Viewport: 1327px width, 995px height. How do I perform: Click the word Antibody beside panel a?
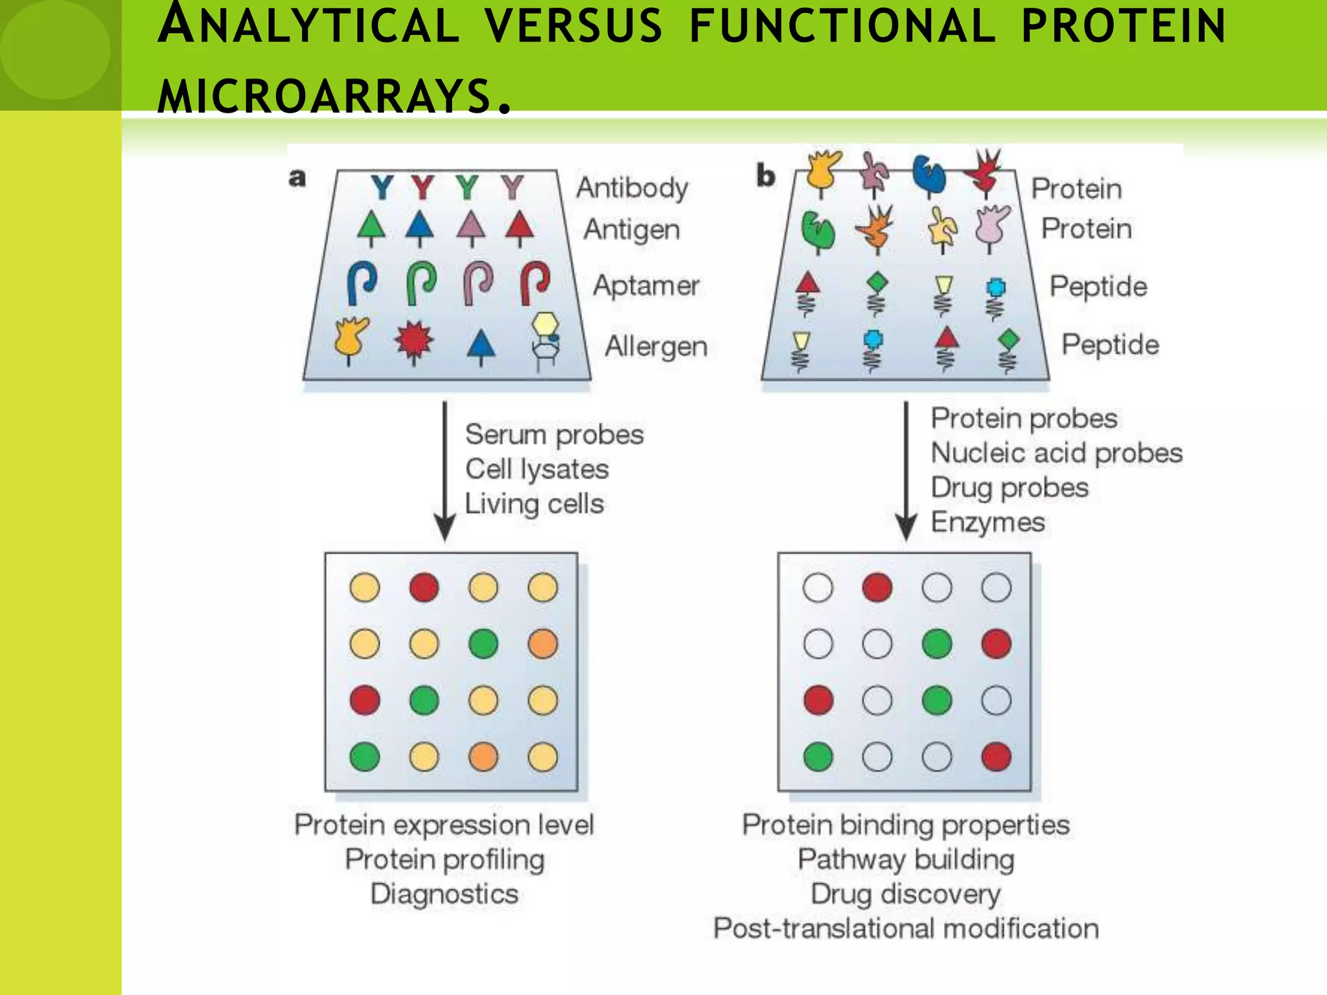coord(632,188)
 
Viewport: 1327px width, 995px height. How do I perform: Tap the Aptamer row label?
coord(646,286)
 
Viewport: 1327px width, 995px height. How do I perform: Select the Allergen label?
coord(656,347)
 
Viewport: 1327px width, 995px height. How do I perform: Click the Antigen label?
coord(632,229)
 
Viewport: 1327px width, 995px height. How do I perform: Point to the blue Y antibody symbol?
coord(382,188)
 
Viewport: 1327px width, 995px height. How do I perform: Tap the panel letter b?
coord(765,176)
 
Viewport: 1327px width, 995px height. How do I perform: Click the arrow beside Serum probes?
coord(444,470)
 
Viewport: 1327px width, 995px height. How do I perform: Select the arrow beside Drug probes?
coord(906,470)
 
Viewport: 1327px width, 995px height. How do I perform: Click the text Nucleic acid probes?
coord(1056,453)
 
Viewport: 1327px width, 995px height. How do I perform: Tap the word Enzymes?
coord(987,522)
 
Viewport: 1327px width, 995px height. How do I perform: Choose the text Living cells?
coord(534,504)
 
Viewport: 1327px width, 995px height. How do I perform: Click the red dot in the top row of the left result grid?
coord(424,588)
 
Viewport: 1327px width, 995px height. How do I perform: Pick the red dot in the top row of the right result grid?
coord(877,588)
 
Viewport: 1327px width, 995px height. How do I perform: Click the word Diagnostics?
coord(444,894)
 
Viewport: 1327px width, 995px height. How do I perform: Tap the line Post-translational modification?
coord(906,928)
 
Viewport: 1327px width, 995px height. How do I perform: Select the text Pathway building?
coord(906,860)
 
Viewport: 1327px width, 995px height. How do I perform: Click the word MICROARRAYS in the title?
coord(324,96)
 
